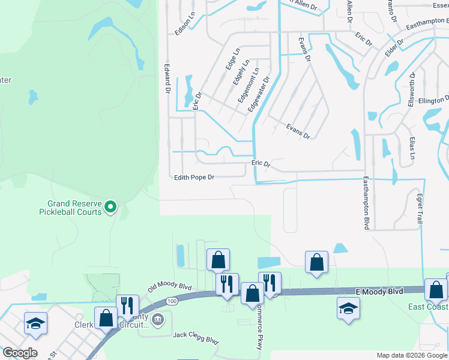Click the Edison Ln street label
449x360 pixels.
coord(185,23)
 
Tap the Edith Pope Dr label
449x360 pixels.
coord(194,177)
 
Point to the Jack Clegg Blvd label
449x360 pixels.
coord(196,338)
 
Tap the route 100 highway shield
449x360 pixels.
coord(172,300)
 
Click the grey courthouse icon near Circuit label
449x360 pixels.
coord(158,318)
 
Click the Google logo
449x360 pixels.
coord(20,353)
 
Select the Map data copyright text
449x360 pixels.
coord(412,355)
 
